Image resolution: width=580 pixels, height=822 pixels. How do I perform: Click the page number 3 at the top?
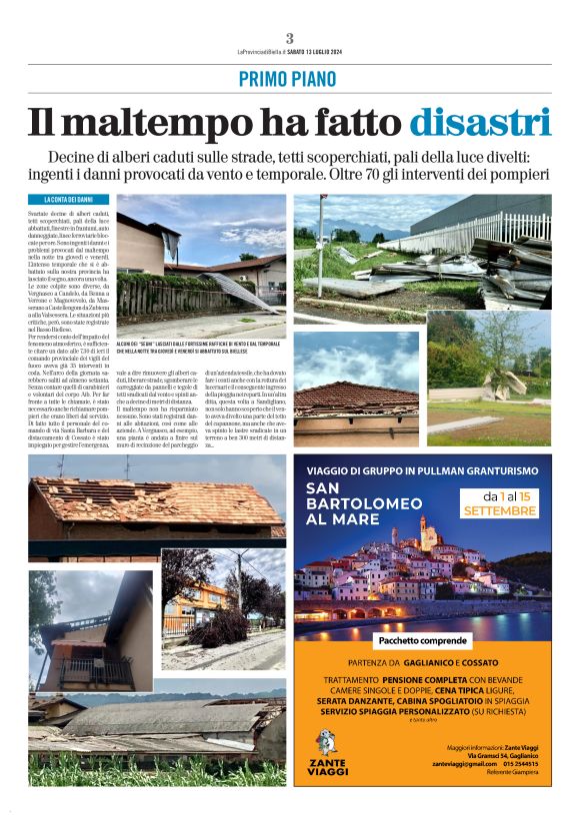tap(289, 38)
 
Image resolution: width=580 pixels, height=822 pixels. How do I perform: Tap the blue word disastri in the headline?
tap(485, 123)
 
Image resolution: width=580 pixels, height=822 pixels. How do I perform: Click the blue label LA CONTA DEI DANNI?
tap(68, 201)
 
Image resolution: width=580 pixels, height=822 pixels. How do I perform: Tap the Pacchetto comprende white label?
tap(421, 639)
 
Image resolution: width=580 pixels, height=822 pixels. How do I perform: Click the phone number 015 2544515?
tap(533, 762)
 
